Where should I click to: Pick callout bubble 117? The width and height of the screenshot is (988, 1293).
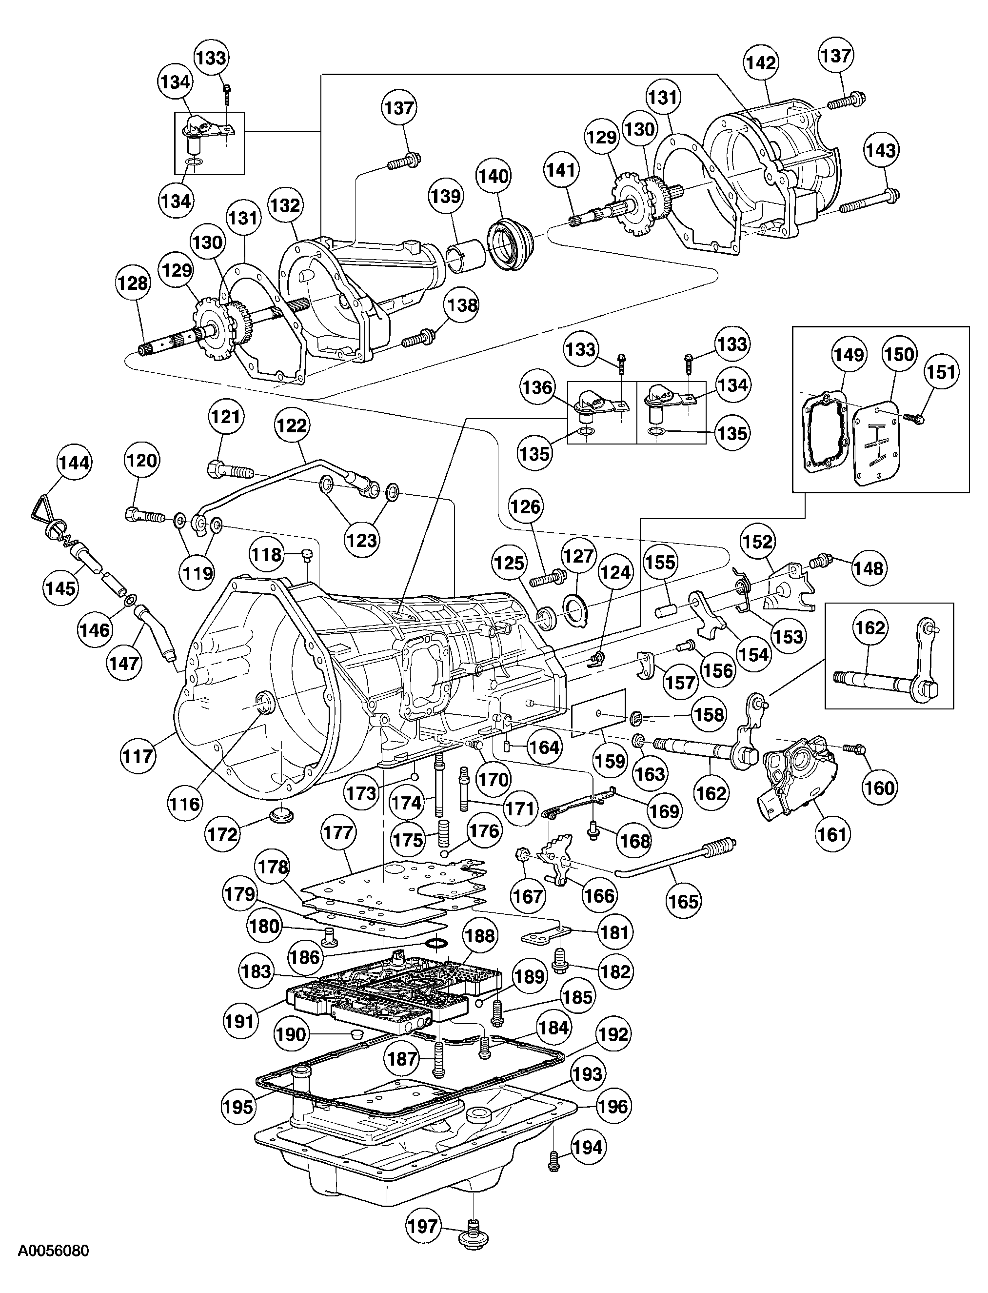pyautogui.click(x=138, y=755)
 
